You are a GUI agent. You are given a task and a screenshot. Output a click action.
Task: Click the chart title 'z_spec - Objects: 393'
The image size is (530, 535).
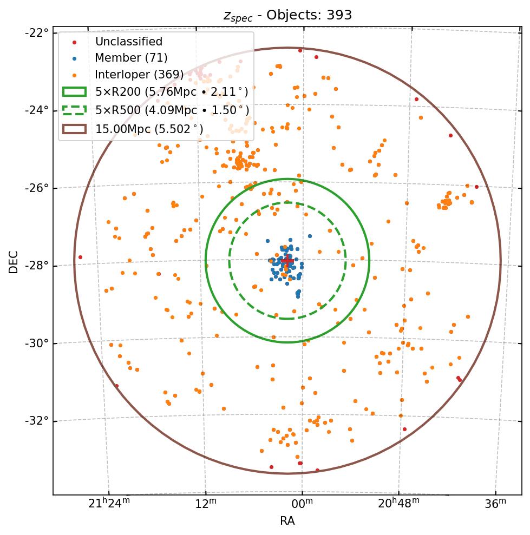click(x=287, y=15)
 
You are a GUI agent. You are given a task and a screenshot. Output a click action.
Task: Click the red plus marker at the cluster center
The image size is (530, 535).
click(x=287, y=261)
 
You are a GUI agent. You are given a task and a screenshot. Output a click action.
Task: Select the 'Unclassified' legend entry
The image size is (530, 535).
click(x=128, y=42)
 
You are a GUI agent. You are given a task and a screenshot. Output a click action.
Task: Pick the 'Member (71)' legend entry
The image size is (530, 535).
click(x=131, y=58)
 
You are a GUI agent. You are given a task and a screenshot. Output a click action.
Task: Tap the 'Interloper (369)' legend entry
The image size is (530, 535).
click(x=139, y=74)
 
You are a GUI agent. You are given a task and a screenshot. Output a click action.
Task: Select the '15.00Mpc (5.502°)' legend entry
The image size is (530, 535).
click(x=149, y=129)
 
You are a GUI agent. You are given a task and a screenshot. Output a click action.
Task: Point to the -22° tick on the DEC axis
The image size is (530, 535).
click(x=37, y=32)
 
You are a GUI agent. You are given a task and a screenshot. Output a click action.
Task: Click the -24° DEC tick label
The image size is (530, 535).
click(x=37, y=110)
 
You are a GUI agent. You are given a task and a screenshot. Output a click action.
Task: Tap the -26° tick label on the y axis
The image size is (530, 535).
click(x=37, y=188)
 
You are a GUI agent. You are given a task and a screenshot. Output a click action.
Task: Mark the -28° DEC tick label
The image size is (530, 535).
click(x=37, y=266)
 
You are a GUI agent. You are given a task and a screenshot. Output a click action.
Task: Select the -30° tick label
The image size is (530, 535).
click(x=37, y=344)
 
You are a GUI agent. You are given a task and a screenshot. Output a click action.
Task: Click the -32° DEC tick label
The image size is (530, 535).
click(x=37, y=421)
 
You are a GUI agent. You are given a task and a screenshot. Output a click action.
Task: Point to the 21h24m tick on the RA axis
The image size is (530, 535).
click(x=109, y=504)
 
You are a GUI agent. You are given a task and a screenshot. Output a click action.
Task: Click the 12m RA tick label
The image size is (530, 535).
click(x=206, y=504)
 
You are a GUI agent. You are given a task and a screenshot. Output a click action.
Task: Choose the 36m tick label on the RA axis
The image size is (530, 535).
click(x=495, y=504)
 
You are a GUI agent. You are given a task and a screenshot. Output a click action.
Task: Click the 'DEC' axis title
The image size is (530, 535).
click(x=14, y=262)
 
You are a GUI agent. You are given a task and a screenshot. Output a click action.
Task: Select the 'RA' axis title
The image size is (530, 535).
click(x=287, y=521)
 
